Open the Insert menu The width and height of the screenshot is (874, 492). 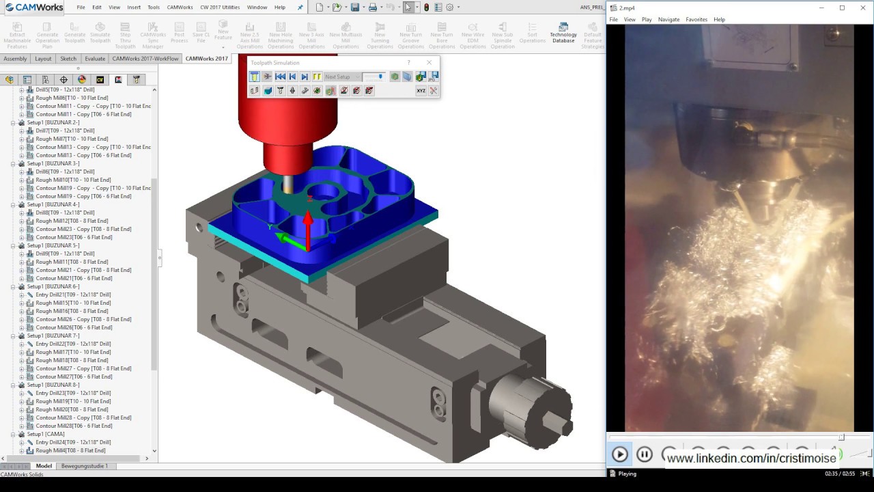(134, 8)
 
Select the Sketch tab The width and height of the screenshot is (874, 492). (68, 59)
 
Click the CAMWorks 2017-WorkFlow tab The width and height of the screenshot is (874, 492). (145, 59)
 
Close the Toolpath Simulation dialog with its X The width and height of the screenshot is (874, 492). (429, 63)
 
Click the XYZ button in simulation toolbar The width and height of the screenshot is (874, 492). (421, 91)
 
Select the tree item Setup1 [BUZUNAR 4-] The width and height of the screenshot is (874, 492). (53, 204)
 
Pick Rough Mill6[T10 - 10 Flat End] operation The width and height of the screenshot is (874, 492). (72, 98)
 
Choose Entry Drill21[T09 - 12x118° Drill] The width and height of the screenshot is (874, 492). (72, 295)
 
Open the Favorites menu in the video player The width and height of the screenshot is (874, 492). (696, 20)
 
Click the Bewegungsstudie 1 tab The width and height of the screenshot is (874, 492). (84, 466)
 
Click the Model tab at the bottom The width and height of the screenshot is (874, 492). (44, 466)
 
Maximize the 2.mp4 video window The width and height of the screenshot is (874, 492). (842, 8)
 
